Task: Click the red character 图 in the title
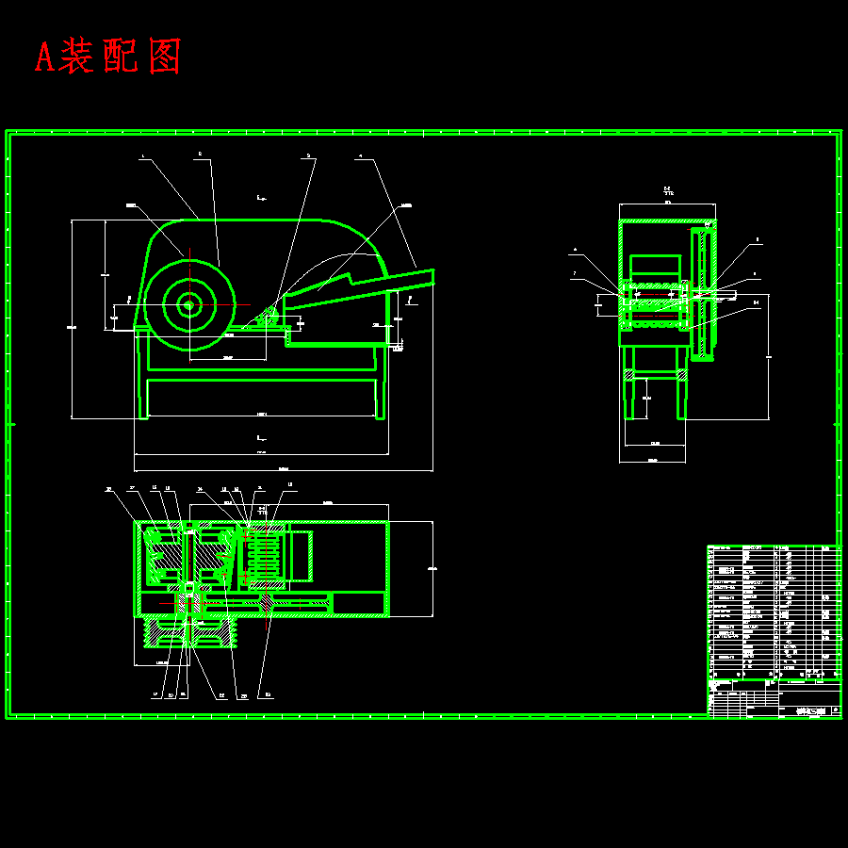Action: [163, 57]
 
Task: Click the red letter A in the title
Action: [43, 57]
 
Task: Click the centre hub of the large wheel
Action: [188, 304]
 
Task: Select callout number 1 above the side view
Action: [142, 158]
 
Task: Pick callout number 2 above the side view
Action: [200, 154]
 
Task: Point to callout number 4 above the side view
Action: [359, 158]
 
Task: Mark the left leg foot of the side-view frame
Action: [143, 415]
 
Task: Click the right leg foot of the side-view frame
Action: [381, 415]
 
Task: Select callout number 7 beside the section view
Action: [574, 274]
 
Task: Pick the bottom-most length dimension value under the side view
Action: [284, 469]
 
